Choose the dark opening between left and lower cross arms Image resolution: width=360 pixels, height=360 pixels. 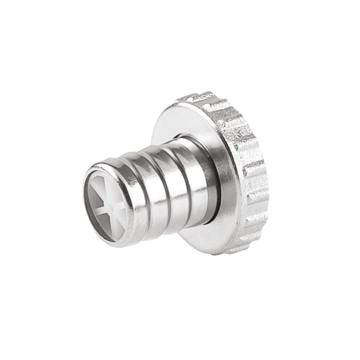point(98,219)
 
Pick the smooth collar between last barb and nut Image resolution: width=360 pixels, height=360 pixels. point(209,179)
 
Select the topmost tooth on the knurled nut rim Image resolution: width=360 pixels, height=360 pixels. point(200,97)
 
